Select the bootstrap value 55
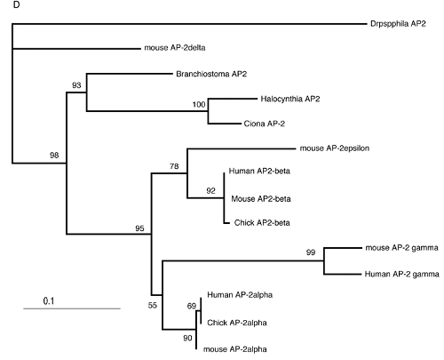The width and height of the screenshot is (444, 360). (152, 305)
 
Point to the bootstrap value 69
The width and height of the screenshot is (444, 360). (190, 305)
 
